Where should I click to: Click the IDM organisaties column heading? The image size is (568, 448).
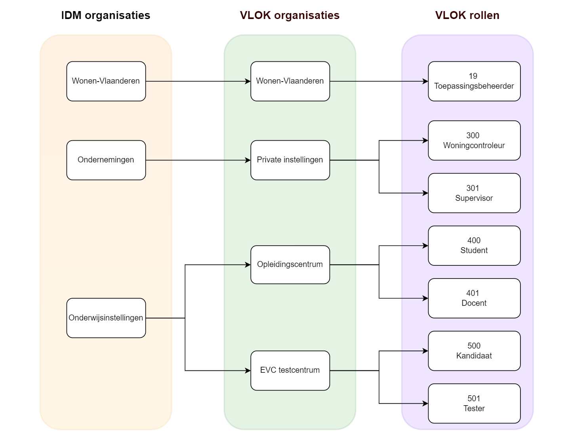click(x=105, y=15)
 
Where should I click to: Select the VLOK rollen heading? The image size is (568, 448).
click(x=467, y=15)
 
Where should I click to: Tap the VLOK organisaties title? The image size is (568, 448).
click(x=290, y=15)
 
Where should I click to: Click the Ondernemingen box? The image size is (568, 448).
click(x=106, y=160)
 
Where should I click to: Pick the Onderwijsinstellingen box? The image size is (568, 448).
click(x=106, y=318)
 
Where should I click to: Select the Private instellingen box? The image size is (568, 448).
click(x=290, y=160)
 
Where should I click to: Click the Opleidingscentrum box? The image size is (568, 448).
click(x=290, y=265)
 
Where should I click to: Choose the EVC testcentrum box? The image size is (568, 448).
click(x=290, y=370)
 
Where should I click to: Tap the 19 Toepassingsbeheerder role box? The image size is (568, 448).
click(x=474, y=81)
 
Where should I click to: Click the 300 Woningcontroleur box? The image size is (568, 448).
click(x=474, y=141)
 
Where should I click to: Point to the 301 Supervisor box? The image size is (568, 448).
click(x=474, y=193)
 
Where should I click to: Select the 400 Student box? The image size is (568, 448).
click(x=474, y=246)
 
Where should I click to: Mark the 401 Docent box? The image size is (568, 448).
click(x=474, y=298)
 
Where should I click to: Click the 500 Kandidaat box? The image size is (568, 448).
click(x=474, y=351)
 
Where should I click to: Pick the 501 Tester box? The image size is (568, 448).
click(x=474, y=403)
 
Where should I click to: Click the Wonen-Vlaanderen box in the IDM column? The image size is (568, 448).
click(x=106, y=81)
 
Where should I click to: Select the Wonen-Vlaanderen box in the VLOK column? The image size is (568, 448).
click(x=290, y=81)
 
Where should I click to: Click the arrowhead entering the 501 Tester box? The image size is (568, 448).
click(x=425, y=404)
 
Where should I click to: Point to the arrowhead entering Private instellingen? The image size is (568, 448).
click(x=248, y=160)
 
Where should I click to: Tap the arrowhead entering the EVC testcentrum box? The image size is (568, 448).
click(x=248, y=371)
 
